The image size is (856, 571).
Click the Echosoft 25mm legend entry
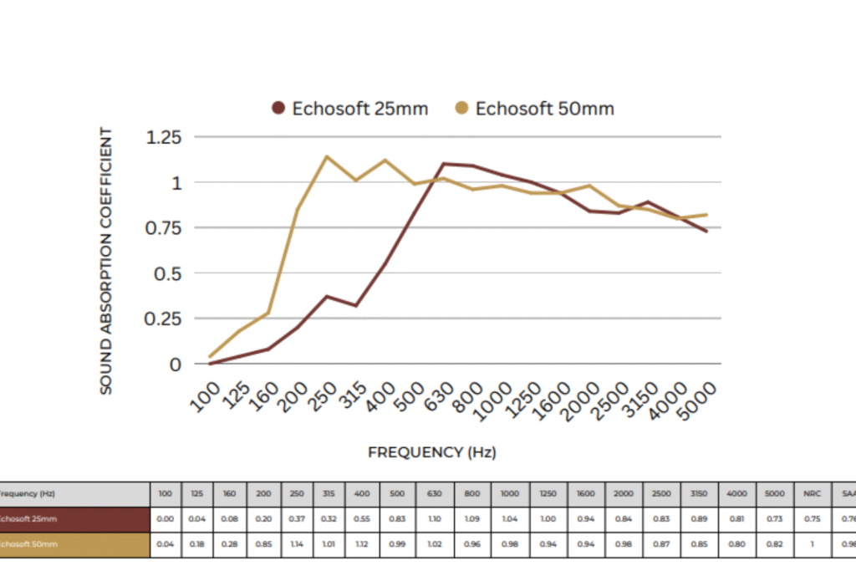(350, 109)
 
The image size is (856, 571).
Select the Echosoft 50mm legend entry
(534, 109)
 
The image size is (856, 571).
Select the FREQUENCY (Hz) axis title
(431, 452)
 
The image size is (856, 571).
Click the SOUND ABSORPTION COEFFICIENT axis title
(106, 261)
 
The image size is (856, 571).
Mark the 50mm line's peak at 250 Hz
(326, 156)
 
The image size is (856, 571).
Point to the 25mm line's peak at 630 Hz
(443, 164)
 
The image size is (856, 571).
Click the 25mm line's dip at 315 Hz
(355, 306)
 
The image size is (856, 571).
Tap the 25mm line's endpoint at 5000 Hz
(707, 232)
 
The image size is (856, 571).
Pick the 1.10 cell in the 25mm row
(435, 519)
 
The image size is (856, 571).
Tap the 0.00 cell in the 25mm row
(165, 519)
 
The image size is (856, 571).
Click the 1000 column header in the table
(509, 494)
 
